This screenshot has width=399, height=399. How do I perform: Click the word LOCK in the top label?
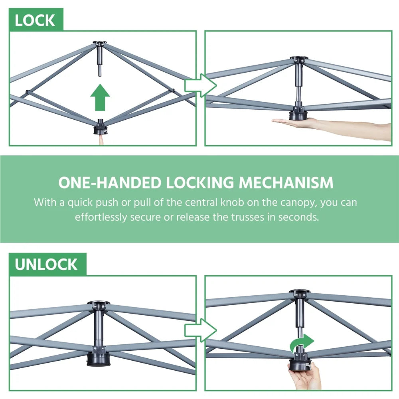[x=35, y=20]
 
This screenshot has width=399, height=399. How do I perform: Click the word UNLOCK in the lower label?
[x=46, y=265]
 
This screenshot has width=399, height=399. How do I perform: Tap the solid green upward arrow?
[x=100, y=97]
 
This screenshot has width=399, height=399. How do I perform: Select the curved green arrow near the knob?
[x=302, y=343]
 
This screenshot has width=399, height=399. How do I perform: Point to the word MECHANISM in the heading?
[x=286, y=183]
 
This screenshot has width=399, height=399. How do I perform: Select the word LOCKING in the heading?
[x=200, y=183]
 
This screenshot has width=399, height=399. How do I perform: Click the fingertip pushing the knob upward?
[x=101, y=140]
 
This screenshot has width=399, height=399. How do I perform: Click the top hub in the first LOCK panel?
[x=100, y=44]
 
